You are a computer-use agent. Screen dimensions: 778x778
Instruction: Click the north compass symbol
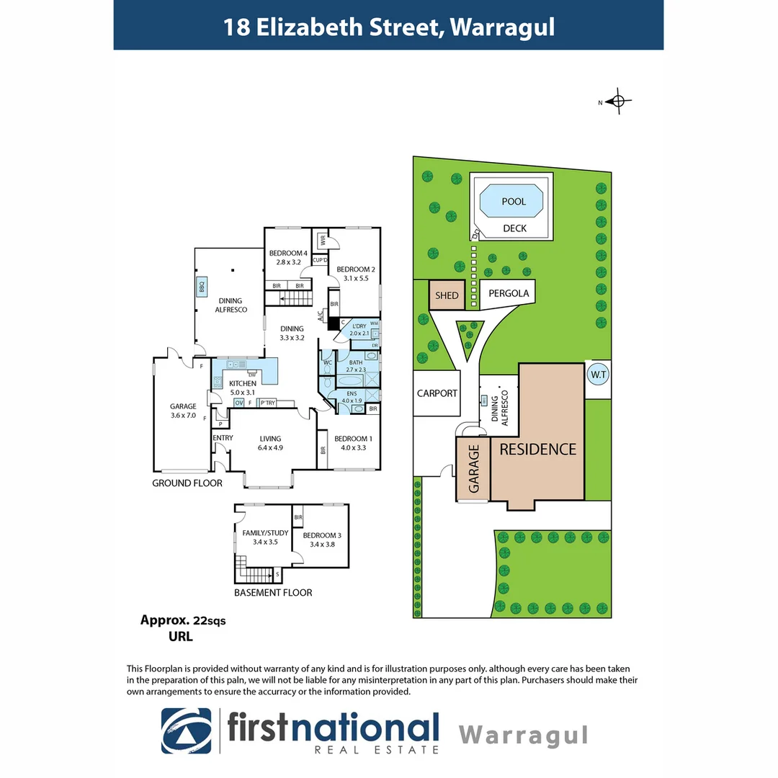tap(617, 102)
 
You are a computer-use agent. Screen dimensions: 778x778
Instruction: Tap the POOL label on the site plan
tap(514, 202)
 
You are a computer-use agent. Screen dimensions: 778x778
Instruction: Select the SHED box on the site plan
tap(447, 295)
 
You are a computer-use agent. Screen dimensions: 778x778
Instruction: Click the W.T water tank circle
tap(598, 375)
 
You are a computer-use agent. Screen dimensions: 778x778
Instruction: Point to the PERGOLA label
tap(509, 293)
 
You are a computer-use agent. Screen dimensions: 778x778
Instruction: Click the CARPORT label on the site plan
tap(437, 393)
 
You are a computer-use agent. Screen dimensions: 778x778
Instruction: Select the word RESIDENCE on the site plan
tap(538, 449)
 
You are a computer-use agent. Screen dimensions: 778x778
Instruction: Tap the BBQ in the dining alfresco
tap(202, 287)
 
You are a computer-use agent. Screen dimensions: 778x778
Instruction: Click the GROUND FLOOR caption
tap(187, 483)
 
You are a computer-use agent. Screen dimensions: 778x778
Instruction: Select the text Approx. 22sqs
tap(182, 620)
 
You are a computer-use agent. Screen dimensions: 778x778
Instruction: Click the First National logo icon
tap(187, 732)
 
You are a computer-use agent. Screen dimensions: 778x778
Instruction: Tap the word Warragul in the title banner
tap(503, 27)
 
